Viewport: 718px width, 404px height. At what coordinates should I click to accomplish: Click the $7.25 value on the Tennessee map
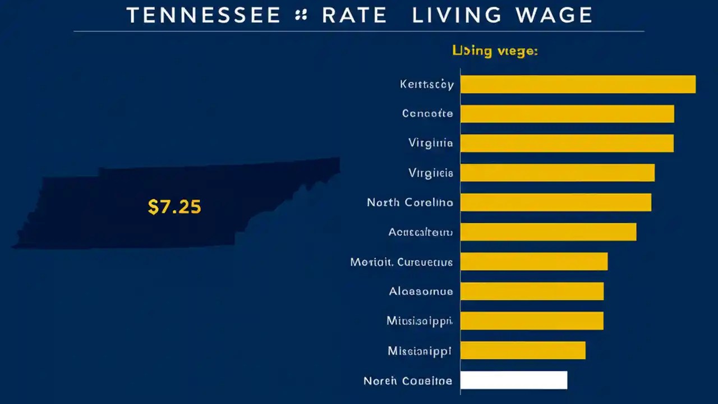coord(174,207)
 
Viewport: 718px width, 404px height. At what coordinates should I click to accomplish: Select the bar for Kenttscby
coord(578,84)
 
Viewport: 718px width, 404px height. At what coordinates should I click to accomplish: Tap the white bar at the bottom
coord(513,380)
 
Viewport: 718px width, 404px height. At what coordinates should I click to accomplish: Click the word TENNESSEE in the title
coord(204,16)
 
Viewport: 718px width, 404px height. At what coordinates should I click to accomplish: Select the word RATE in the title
coord(354,16)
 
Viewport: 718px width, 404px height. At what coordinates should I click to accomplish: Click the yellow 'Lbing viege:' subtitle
coord(495,51)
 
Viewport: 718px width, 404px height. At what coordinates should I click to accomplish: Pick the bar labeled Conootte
coord(567,113)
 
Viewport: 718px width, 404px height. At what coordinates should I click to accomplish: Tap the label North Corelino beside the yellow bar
coord(409,202)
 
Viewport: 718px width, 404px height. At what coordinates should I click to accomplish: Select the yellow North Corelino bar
coord(555,202)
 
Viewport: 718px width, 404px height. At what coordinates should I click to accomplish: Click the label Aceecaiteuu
coord(420,232)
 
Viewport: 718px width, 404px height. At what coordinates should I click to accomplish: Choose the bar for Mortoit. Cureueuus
coord(533,261)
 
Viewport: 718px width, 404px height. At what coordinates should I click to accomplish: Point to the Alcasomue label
coord(421,291)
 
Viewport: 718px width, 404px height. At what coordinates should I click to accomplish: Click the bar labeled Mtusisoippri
coord(531,321)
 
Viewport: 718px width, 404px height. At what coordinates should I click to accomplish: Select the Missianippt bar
coord(522,351)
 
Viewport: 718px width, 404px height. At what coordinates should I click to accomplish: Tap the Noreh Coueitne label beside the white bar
coord(408,381)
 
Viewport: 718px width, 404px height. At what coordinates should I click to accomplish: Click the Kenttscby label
coord(426,84)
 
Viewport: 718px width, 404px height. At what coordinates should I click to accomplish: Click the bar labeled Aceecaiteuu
coord(548,232)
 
